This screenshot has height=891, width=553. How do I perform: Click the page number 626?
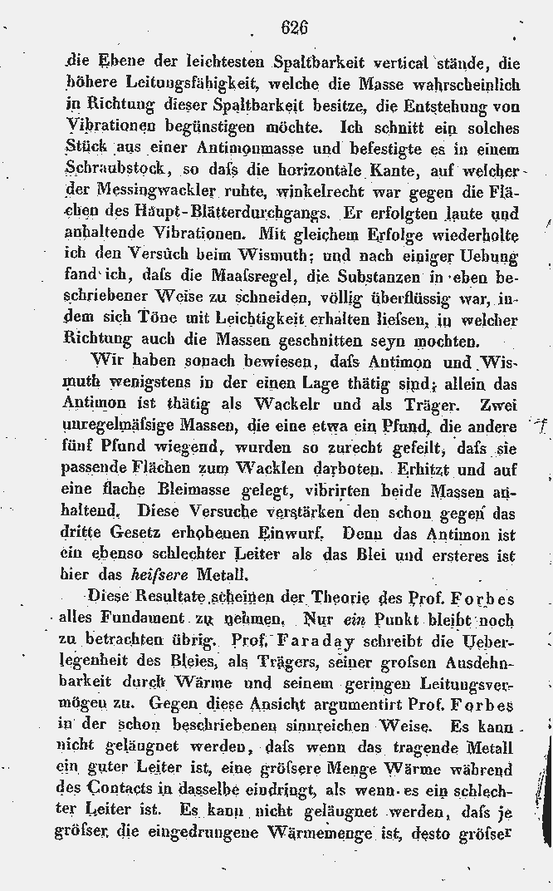[295, 27]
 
